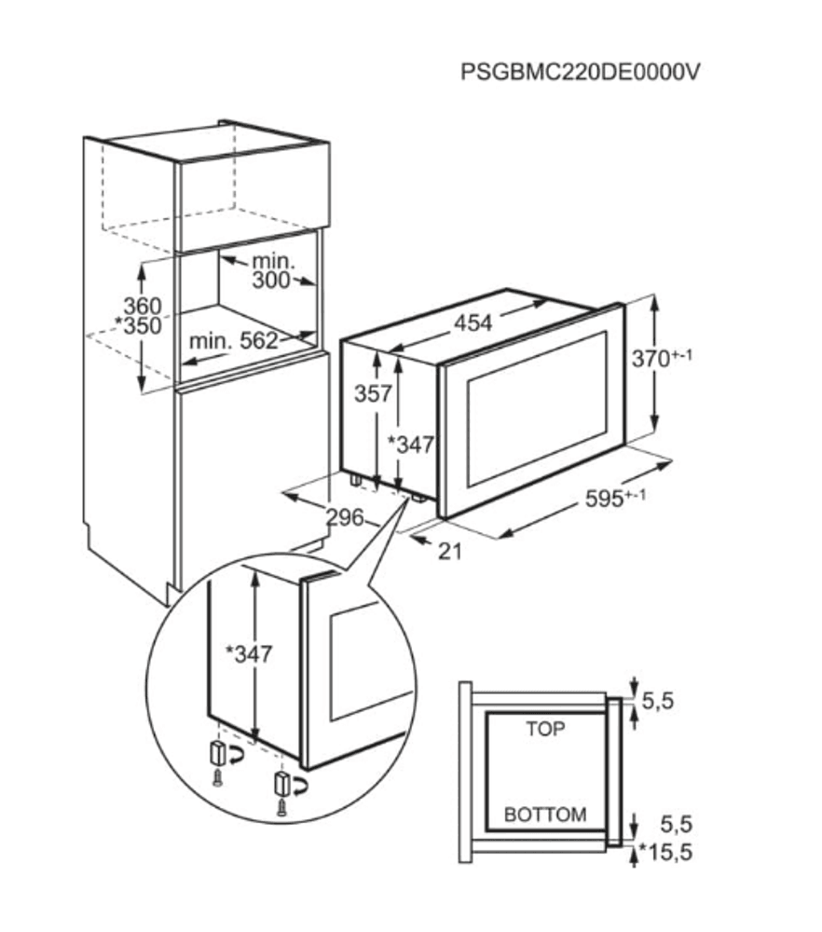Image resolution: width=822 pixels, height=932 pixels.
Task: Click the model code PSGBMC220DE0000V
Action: [x=579, y=72]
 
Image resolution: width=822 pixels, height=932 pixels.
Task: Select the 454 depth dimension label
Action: [x=473, y=322]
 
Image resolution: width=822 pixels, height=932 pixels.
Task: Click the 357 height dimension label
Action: [x=372, y=394]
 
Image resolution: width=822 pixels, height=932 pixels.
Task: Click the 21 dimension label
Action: [x=450, y=551]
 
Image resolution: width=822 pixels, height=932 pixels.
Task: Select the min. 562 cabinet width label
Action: [x=234, y=341]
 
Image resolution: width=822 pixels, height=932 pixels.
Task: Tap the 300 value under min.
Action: [x=271, y=281]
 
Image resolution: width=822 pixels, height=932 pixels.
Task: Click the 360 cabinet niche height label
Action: [x=143, y=306]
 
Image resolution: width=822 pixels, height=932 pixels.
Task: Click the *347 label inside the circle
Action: [x=249, y=654]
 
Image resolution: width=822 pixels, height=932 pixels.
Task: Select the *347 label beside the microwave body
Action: [x=410, y=445]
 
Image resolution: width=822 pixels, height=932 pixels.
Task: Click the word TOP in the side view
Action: [x=545, y=729]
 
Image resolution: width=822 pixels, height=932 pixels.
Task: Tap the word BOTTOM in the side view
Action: [x=545, y=815]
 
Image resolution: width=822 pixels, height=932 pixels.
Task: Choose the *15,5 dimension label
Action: [x=665, y=853]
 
